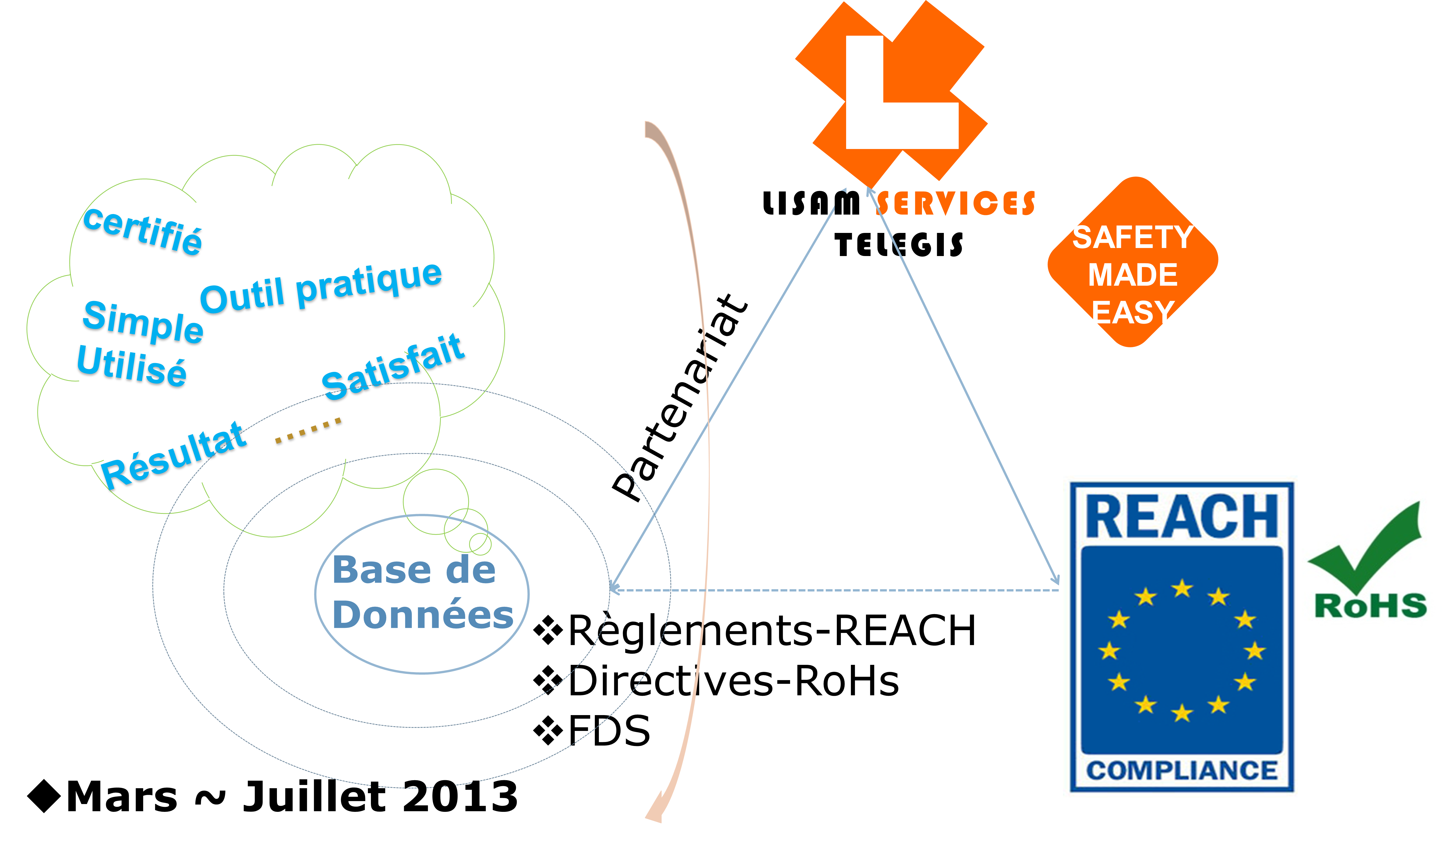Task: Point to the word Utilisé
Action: point(131,365)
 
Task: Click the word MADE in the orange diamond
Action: point(1133,275)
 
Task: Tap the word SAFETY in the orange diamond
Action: point(1133,237)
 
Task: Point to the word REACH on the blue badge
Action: point(1182,517)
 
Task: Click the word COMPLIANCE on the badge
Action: point(1182,771)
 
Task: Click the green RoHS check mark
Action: point(1368,545)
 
